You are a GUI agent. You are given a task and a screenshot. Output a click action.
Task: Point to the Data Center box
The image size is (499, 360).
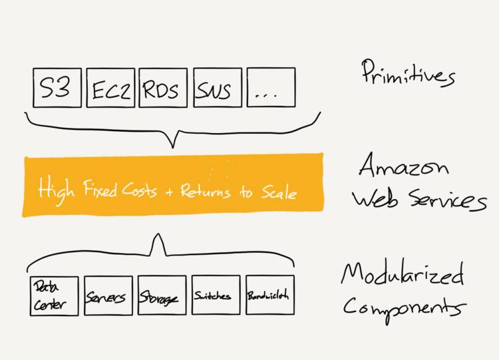click(x=54, y=295)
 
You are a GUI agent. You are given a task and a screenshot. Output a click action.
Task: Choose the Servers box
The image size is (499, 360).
click(x=108, y=295)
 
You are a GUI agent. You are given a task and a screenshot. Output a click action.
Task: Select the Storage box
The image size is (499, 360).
click(x=162, y=295)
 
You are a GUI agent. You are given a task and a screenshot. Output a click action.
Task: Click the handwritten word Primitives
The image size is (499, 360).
click(x=407, y=73)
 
